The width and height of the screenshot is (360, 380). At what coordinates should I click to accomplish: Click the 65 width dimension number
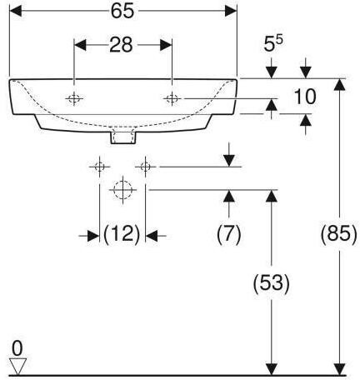pyautogui.click(x=122, y=11)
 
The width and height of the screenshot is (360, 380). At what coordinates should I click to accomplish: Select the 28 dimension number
pyautogui.click(x=121, y=45)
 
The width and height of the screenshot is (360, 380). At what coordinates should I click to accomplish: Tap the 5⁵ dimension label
pyautogui.click(x=273, y=43)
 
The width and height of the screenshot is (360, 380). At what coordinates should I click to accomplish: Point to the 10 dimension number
pyautogui.click(x=305, y=97)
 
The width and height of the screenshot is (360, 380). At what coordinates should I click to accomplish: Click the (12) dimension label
pyautogui.click(x=122, y=235)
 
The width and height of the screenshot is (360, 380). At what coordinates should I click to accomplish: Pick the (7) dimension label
pyautogui.click(x=229, y=235)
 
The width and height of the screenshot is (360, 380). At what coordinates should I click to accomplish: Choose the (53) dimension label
pyautogui.click(x=272, y=283)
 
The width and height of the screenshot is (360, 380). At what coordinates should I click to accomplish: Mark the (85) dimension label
pyautogui.click(x=338, y=235)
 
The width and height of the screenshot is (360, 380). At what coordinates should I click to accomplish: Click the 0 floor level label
pyautogui.click(x=17, y=349)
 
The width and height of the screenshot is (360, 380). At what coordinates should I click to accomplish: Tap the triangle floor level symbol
pyautogui.click(x=17, y=367)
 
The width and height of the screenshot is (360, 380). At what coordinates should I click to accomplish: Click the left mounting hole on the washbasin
pyautogui.click(x=74, y=98)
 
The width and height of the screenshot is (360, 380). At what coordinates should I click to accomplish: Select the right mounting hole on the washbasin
pyautogui.click(x=172, y=98)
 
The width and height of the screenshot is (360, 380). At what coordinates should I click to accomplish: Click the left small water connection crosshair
pyautogui.click(x=99, y=167)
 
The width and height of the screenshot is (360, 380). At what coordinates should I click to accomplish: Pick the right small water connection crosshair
pyautogui.click(x=145, y=167)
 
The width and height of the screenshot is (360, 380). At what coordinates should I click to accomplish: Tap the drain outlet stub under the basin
pyautogui.click(x=123, y=137)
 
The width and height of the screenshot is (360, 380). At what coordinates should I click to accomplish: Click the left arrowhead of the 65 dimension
pyautogui.click(x=16, y=11)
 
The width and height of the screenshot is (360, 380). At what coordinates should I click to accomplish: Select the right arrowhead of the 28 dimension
pyautogui.click(x=166, y=45)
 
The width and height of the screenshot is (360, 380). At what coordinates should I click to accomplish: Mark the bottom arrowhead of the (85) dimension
pyautogui.click(x=339, y=370)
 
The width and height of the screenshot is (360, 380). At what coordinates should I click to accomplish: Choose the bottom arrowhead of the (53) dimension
pyautogui.click(x=272, y=370)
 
